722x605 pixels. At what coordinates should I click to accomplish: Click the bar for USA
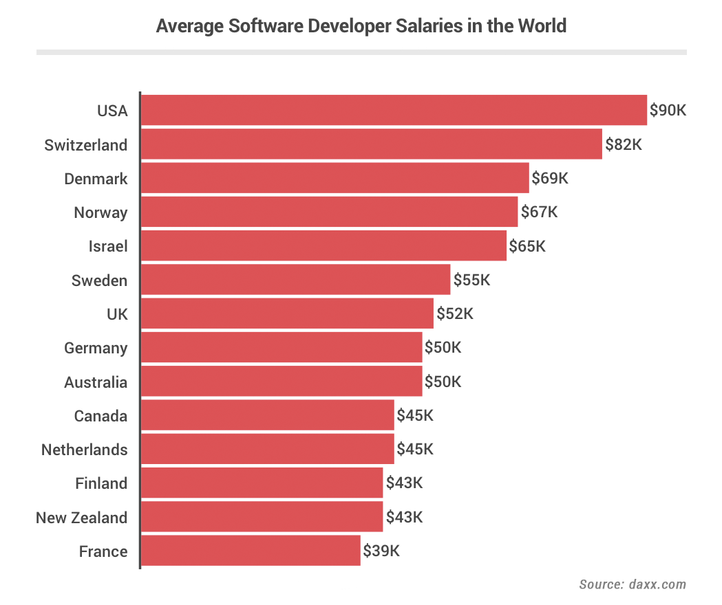[394, 110]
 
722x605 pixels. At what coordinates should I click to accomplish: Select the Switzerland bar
[372, 144]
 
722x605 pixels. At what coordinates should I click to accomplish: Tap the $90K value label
[668, 111]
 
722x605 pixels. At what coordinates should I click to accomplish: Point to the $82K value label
[624, 144]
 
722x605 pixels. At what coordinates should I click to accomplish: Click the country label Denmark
[96, 179]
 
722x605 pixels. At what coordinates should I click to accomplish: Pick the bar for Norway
[329, 212]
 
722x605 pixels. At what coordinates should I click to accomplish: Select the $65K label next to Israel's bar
[527, 245]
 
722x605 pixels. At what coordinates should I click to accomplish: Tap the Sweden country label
[99, 280]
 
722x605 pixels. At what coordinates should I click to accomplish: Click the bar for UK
[287, 313]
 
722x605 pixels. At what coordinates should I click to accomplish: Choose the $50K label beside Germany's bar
[443, 347]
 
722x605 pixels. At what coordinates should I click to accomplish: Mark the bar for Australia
[282, 381]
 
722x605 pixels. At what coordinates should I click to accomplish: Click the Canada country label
[100, 415]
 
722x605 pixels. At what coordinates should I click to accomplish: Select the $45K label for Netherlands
[415, 449]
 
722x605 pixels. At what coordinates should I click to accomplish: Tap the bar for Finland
[262, 483]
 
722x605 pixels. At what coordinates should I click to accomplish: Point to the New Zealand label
[81, 518]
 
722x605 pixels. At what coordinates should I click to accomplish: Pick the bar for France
[251, 551]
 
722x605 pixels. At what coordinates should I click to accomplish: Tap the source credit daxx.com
[657, 584]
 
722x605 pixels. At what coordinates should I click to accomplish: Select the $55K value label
[471, 280]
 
